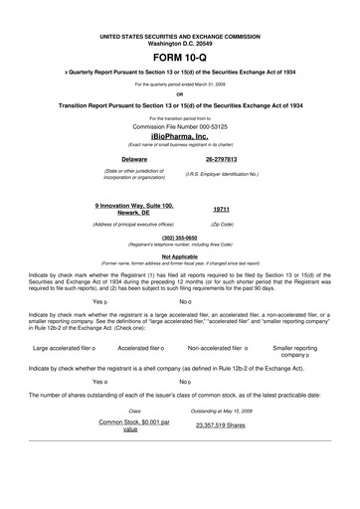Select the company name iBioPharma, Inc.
click(179, 135)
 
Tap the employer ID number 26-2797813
click(227, 158)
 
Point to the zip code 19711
click(223, 210)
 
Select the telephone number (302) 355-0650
click(179, 237)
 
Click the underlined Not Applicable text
click(179, 255)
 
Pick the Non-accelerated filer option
click(219, 320)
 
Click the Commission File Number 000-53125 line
click(179, 126)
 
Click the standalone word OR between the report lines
click(179, 94)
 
